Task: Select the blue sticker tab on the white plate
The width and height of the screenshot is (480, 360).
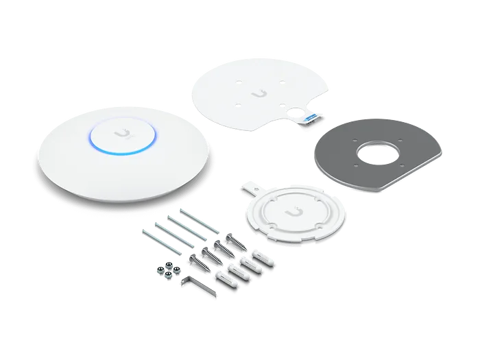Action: pos(310,118)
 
